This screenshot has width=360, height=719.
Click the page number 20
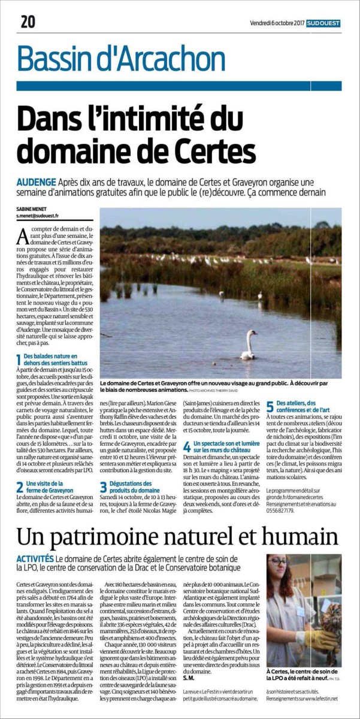pyautogui.click(x=28, y=22)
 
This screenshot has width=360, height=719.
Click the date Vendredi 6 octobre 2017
pyautogui.click(x=277, y=23)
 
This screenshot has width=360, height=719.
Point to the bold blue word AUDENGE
pyautogui.click(x=37, y=182)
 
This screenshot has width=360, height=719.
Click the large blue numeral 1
pyautogui.click(x=19, y=359)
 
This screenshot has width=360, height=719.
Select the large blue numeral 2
pyautogui.click(x=20, y=469)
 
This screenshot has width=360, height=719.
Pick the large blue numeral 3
pyautogui.click(x=103, y=469)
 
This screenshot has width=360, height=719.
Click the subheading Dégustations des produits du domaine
pyautogui.click(x=137, y=470)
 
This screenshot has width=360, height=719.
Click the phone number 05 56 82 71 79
pyautogui.click(x=280, y=495)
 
